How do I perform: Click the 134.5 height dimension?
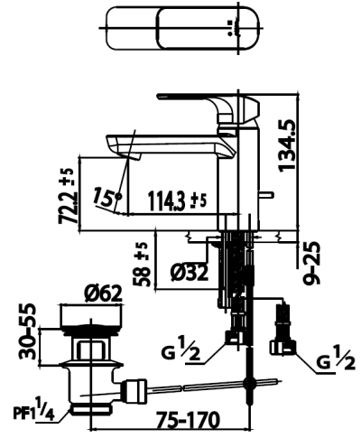[287, 145]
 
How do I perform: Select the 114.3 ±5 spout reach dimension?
[178, 200]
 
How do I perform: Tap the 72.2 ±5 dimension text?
[67, 196]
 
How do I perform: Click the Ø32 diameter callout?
[189, 273]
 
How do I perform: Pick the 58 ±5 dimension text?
[142, 265]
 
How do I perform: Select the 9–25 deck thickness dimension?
[311, 263]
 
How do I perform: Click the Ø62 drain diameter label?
[103, 294]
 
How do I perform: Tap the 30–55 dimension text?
[27, 331]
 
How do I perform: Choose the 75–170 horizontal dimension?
[189, 420]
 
